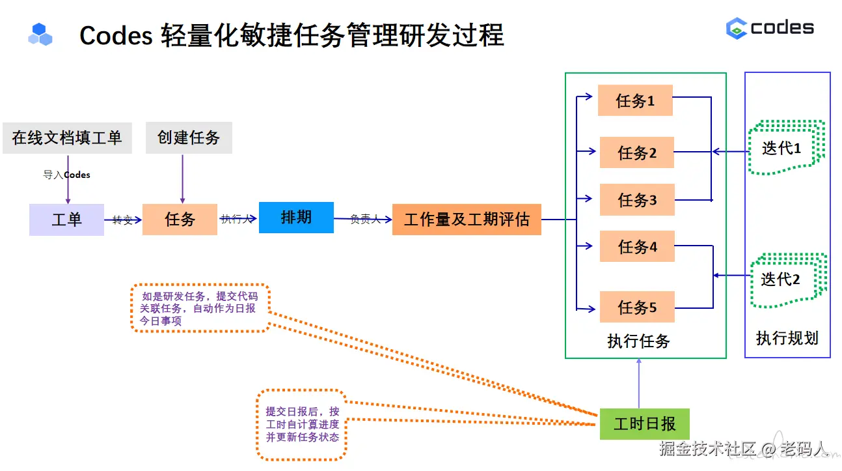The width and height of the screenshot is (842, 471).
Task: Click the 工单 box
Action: coord(66,220)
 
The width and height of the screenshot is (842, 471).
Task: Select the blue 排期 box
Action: coord(296,217)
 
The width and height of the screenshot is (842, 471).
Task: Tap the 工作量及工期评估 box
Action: coord(467,220)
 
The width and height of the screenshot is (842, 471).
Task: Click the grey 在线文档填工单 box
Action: coord(67,138)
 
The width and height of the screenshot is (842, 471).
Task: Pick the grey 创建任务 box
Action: coord(189,138)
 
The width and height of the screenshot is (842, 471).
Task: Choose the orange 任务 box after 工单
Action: coord(180,220)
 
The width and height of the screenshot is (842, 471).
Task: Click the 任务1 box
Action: coord(635,101)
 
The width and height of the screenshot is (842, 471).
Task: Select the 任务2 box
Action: coord(636,153)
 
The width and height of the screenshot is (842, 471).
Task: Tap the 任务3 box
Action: coord(636,200)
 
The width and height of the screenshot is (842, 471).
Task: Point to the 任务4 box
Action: coord(636,247)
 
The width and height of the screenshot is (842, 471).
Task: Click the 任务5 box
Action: coord(636,307)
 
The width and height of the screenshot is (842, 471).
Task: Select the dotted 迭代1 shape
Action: coord(785,148)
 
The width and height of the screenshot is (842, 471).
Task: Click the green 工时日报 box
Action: coord(644,424)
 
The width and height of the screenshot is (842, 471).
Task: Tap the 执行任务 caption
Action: coord(638,341)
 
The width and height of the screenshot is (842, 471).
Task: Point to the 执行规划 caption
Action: coord(787,338)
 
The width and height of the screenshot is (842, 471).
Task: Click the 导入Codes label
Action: coord(66,175)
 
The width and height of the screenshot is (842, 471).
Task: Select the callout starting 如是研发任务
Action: coord(199,308)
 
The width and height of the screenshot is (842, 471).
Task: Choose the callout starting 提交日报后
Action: coord(302,424)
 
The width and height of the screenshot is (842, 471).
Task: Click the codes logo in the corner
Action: coord(770,28)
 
